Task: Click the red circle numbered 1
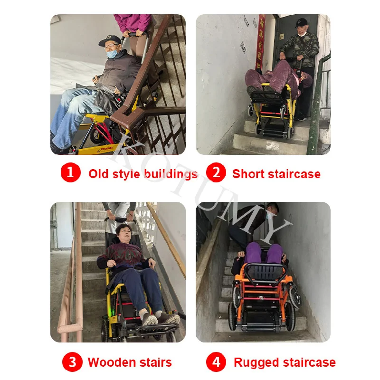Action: (x=70, y=172)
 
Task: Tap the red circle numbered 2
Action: (x=216, y=172)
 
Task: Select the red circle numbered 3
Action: (x=72, y=362)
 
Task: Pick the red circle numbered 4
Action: (x=216, y=362)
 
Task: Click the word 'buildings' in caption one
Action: (x=170, y=174)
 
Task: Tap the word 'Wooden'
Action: (x=107, y=363)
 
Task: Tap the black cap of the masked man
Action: (x=109, y=40)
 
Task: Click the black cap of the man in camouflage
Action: (x=302, y=22)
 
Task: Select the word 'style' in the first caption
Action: (x=127, y=174)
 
